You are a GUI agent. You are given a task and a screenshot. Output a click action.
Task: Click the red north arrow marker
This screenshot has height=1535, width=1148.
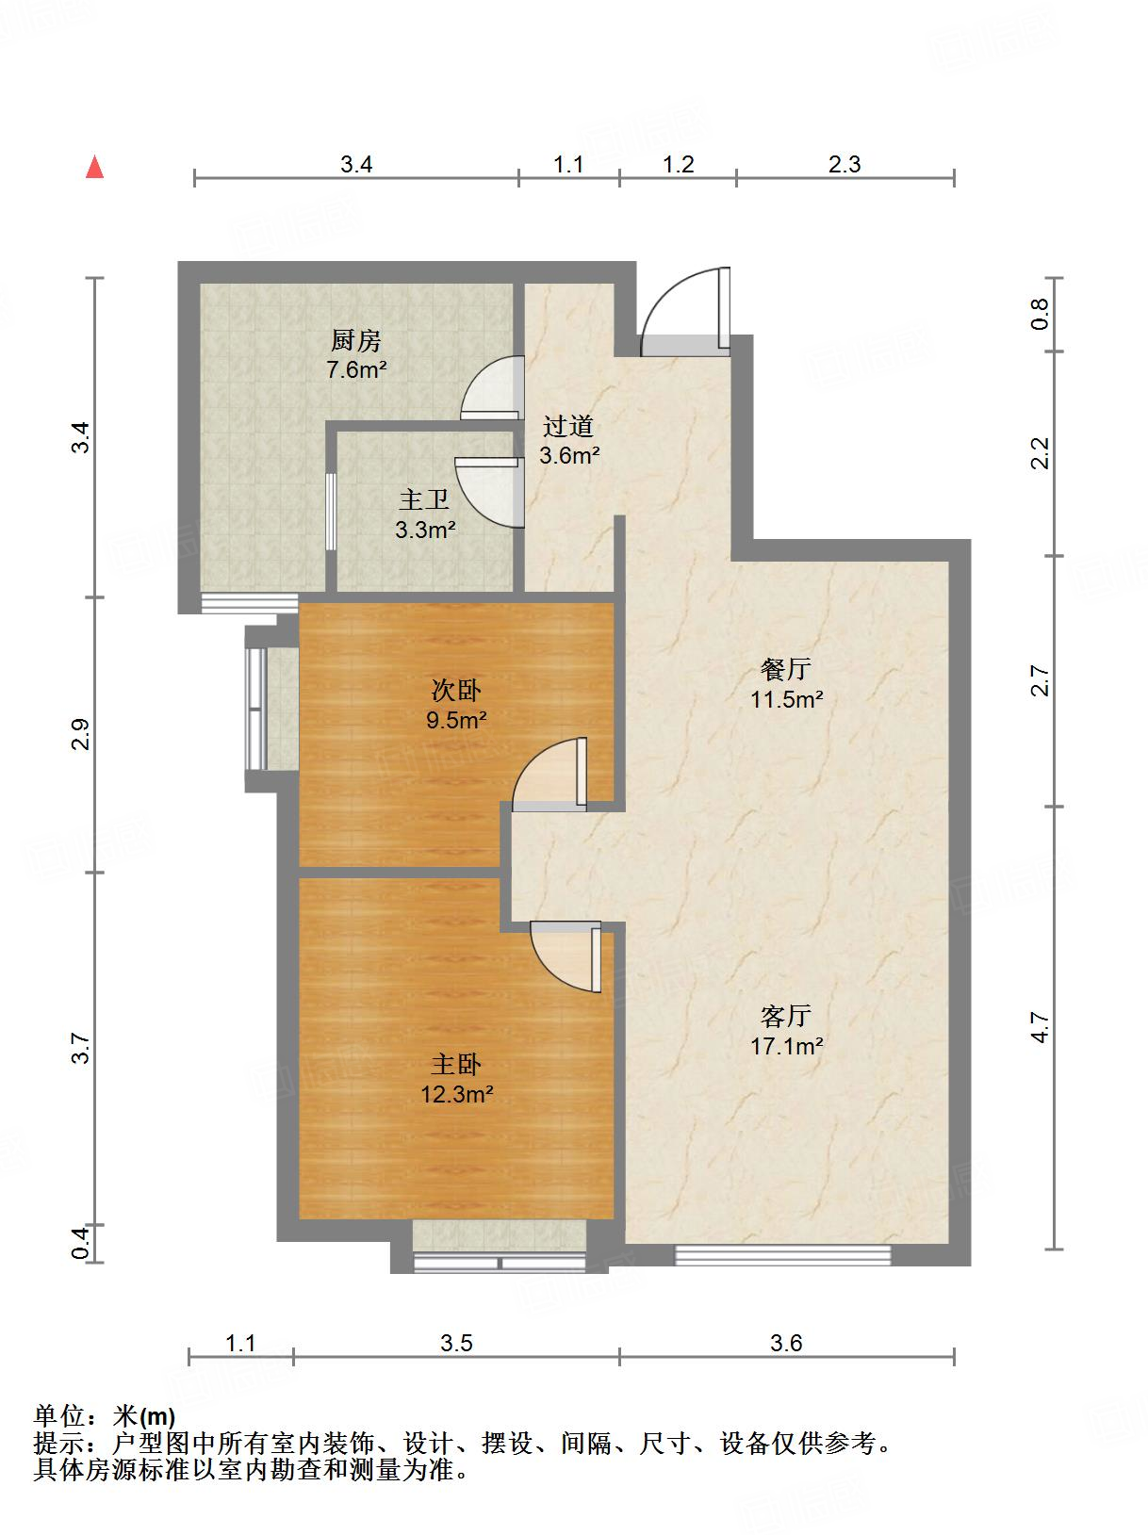[x=94, y=168]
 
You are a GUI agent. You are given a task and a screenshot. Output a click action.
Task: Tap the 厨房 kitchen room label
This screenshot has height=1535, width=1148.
[x=356, y=340]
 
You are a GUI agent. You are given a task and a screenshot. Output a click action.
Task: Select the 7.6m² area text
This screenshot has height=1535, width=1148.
[x=356, y=369]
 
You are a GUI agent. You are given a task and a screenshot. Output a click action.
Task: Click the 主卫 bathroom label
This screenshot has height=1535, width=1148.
[x=424, y=499]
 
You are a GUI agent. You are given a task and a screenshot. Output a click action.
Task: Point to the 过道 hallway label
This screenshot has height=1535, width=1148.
[x=568, y=427]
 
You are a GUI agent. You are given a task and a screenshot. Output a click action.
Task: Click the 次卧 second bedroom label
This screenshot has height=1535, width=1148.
[x=456, y=691]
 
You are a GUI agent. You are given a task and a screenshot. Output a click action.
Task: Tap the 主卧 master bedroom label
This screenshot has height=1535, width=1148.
[x=456, y=1065]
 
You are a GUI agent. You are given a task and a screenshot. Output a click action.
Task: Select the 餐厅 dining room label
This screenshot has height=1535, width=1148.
[x=786, y=670]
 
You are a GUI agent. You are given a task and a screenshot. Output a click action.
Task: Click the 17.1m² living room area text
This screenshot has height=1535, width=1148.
[x=787, y=1046]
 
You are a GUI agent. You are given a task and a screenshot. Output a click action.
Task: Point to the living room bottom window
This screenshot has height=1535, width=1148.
[x=782, y=1254]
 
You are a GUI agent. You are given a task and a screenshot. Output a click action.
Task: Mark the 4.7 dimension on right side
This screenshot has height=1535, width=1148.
[x=1040, y=1027]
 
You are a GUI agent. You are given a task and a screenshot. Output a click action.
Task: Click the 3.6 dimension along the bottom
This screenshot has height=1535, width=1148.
[x=785, y=1343]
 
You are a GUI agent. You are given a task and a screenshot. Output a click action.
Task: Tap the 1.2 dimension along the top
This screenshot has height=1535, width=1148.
[x=678, y=165]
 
